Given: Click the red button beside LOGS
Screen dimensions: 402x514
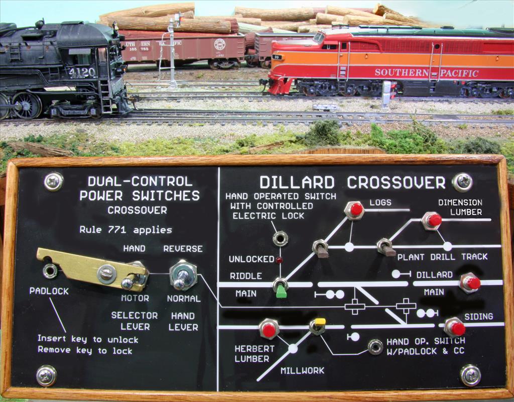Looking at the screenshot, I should pyautogui.click(x=356, y=210).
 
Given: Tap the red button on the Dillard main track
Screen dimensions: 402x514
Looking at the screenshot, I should pyautogui.click(x=471, y=283).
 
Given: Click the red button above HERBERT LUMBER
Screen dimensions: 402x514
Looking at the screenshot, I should pyautogui.click(x=269, y=329).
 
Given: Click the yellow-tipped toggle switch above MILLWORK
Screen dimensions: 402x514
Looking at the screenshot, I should pyautogui.click(x=318, y=326).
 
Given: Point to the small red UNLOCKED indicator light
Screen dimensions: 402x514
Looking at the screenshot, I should pyautogui.click(x=279, y=260).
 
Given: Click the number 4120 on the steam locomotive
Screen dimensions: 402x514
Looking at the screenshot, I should pyautogui.click(x=82, y=73).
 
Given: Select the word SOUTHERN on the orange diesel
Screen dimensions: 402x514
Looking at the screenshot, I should pyautogui.click(x=402, y=72).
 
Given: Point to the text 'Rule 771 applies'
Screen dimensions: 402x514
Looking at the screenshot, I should pyautogui.click(x=125, y=230).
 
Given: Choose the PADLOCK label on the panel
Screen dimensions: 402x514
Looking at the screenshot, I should pyautogui.click(x=49, y=291).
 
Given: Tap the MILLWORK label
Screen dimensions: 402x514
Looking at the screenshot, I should pyautogui.click(x=302, y=370).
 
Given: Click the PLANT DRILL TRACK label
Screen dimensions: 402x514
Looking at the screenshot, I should pyautogui.click(x=442, y=256).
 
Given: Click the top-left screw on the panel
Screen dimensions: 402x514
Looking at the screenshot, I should pyautogui.click(x=53, y=182).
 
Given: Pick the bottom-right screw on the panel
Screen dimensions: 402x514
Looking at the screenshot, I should pyautogui.click(x=470, y=375).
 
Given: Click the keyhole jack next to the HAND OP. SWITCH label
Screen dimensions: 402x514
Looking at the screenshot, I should pyautogui.click(x=375, y=346).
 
